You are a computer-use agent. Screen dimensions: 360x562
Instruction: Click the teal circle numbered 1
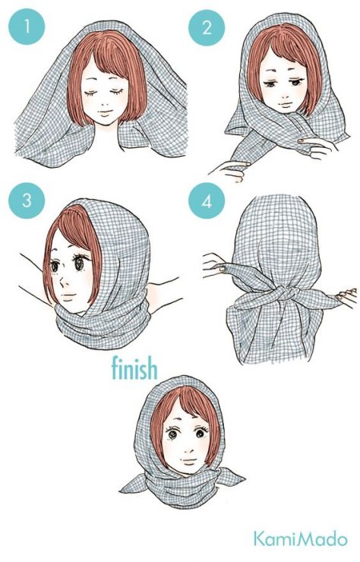(27, 27)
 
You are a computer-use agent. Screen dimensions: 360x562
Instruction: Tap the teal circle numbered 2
(207, 27)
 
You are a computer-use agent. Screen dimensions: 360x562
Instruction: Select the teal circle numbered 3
(27, 200)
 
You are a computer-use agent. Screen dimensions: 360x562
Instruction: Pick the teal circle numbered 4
(207, 200)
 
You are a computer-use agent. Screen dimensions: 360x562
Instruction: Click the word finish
(134, 368)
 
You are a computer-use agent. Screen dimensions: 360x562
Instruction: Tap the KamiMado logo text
(301, 538)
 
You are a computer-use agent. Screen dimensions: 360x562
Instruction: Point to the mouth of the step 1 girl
(104, 112)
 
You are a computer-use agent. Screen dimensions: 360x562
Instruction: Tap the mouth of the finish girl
(188, 459)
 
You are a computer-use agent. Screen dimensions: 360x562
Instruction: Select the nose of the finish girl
(187, 447)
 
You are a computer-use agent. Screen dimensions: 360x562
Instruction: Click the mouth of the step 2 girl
(286, 105)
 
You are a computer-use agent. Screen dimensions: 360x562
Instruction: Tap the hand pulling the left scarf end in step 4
(215, 265)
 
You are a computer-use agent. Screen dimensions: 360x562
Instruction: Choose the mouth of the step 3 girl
(69, 297)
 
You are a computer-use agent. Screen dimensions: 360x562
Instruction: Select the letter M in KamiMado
(298, 538)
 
